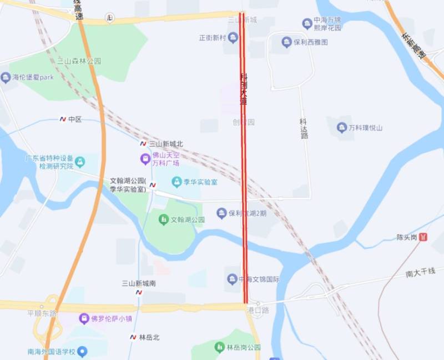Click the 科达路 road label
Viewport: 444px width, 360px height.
(304, 128)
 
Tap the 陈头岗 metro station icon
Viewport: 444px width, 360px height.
(424, 237)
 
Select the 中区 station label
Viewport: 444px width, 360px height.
(74, 119)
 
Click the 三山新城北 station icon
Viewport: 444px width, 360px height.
(143, 143)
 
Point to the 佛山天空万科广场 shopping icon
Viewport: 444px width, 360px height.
(145, 159)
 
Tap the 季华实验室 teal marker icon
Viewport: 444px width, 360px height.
(176, 182)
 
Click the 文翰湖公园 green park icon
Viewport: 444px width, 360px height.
(163, 219)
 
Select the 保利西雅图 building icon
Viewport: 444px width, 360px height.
(286, 42)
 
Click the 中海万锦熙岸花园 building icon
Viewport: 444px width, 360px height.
(307, 23)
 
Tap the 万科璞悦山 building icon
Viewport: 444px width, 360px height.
(342, 128)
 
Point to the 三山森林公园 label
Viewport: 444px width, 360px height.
(79, 62)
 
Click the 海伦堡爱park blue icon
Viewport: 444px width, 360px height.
(6, 77)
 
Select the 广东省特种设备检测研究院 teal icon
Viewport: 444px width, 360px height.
(80, 162)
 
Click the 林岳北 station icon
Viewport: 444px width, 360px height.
(133, 337)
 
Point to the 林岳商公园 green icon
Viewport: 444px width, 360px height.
(219, 348)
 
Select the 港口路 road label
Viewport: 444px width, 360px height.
(258, 311)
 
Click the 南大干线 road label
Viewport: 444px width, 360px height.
(425, 272)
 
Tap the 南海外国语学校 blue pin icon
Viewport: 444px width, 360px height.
(82, 351)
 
